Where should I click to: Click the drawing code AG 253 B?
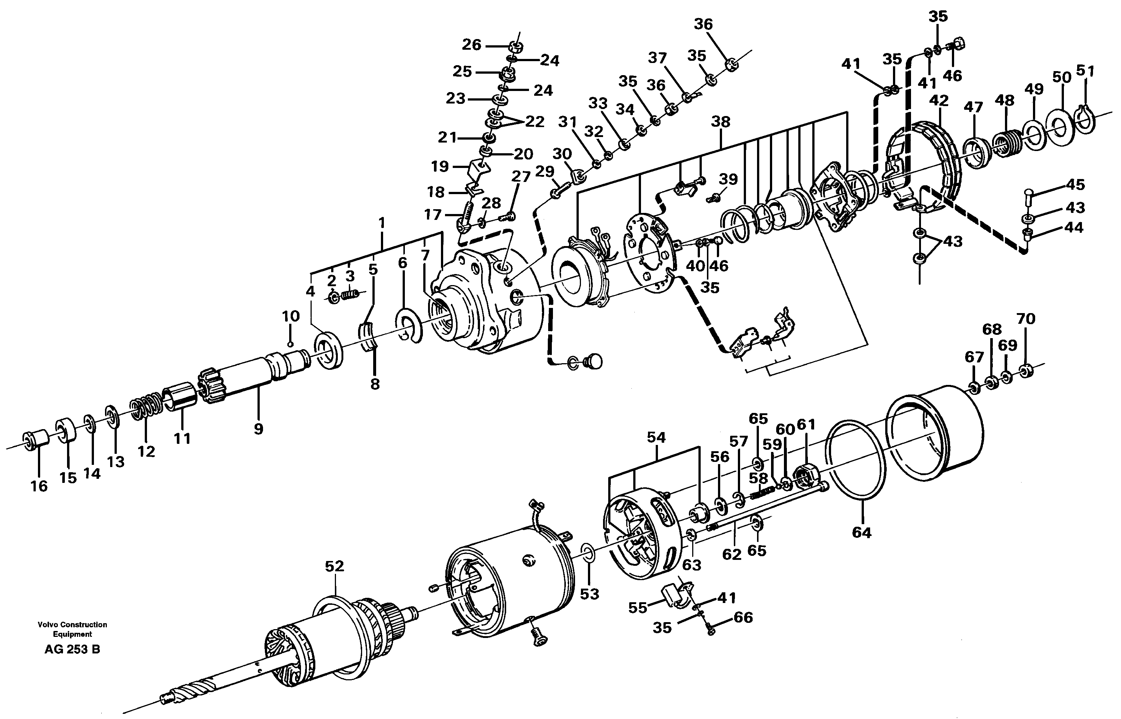[x=72, y=649]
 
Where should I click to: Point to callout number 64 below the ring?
[x=861, y=532]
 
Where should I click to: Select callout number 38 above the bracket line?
[x=721, y=122]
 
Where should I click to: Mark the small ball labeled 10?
[x=290, y=344]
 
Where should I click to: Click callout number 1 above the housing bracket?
[x=382, y=223]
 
